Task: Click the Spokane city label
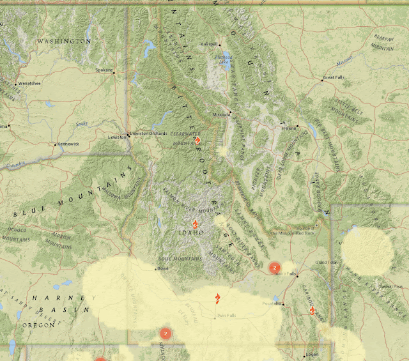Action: click(x=103, y=70)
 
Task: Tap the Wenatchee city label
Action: click(x=29, y=83)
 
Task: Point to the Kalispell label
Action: click(x=209, y=44)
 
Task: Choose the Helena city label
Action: click(x=289, y=128)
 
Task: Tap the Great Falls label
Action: click(x=333, y=77)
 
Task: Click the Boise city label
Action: click(x=162, y=268)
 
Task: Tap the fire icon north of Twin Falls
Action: click(x=218, y=298)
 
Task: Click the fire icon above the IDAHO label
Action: click(x=195, y=224)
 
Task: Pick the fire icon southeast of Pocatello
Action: click(x=313, y=311)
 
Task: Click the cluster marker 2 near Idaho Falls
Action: click(x=274, y=267)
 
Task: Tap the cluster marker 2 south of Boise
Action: click(x=166, y=334)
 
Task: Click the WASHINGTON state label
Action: click(x=64, y=41)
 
